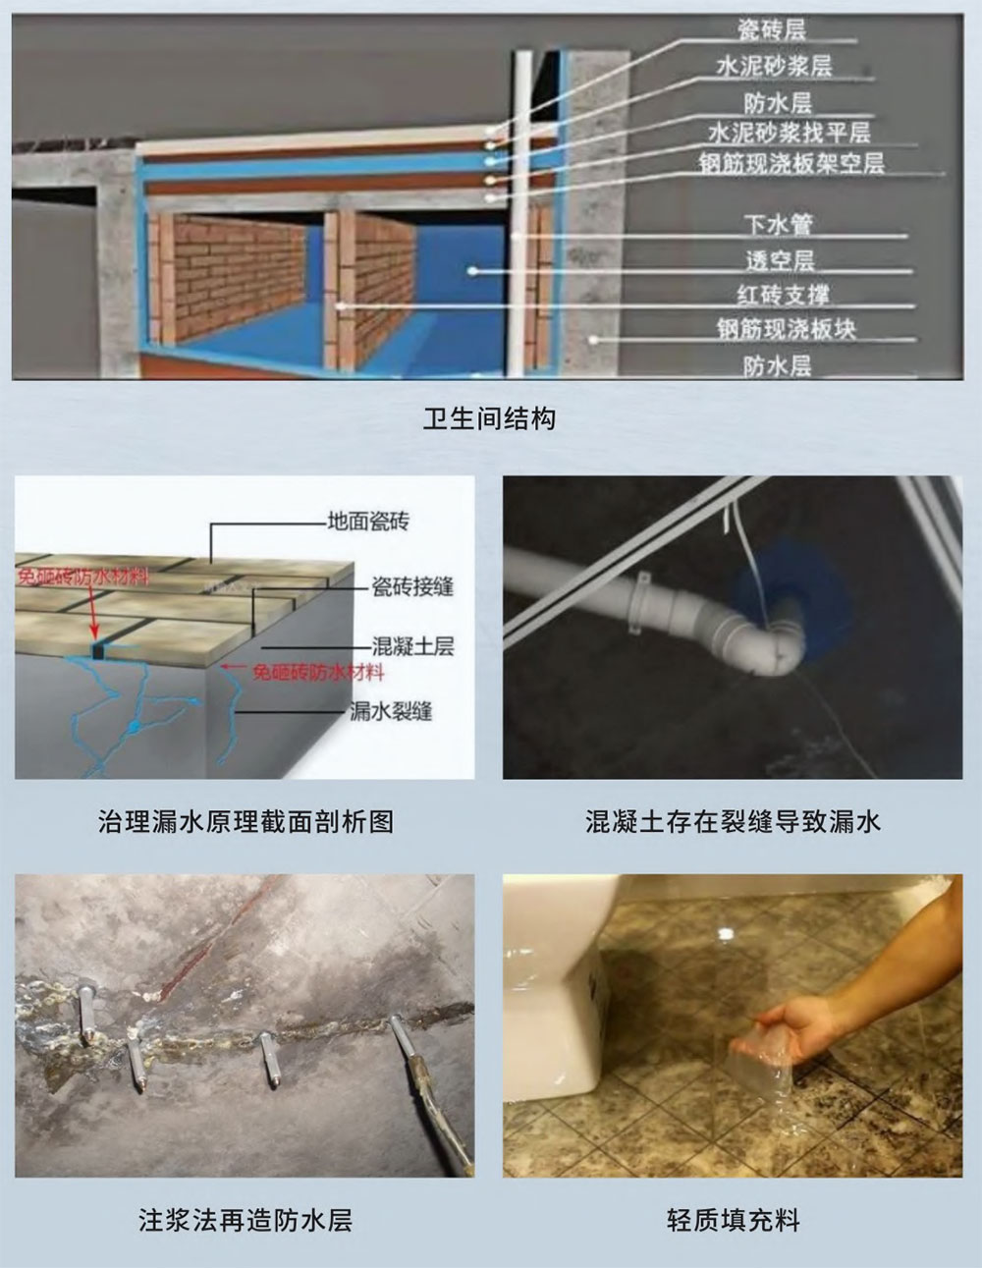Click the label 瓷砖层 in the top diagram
tap(772, 30)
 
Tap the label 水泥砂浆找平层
tap(789, 133)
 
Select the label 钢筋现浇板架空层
tap(791, 163)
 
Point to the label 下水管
tap(778, 225)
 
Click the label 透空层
tap(780, 260)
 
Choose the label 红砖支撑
tap(783, 295)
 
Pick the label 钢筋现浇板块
tap(786, 329)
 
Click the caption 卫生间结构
tap(489, 419)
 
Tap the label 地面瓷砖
tap(368, 522)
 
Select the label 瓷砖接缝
tap(412, 586)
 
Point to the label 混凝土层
tap(412, 646)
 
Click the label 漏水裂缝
tap(391, 711)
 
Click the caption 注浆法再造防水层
tap(245, 1220)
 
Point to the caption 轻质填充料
tap(733, 1220)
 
